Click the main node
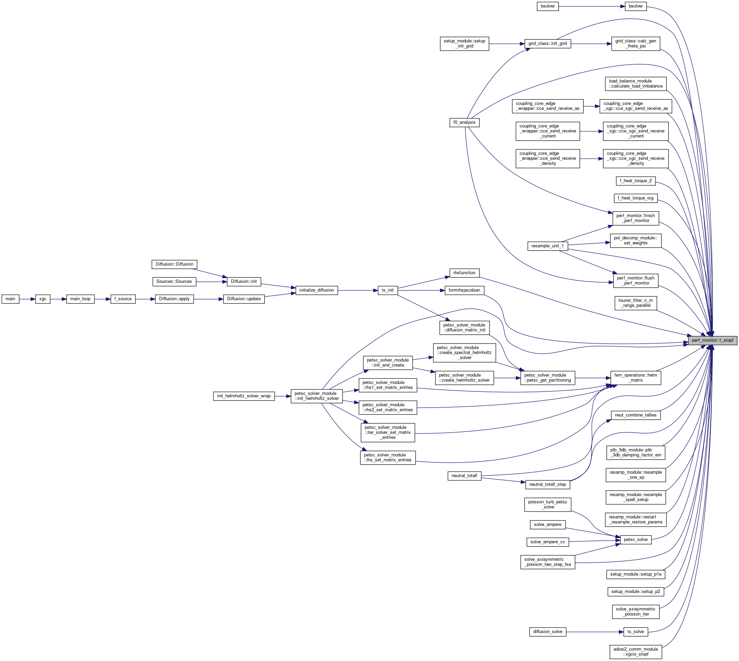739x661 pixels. (10, 299)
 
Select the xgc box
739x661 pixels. (42, 299)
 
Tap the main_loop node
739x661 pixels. (80, 299)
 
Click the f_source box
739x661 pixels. (123, 299)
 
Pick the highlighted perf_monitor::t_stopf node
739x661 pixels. (712, 340)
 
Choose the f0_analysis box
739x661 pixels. (464, 122)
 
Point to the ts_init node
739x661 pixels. (388, 290)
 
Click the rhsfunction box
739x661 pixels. (464, 273)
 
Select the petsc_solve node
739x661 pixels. (635, 540)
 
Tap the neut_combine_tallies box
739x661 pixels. (635, 415)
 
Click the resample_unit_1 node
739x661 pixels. (547, 246)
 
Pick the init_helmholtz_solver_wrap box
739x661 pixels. (244, 396)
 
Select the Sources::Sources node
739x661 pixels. (174, 281)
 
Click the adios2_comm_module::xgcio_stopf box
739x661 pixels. (635, 651)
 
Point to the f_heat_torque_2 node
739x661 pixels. (635, 181)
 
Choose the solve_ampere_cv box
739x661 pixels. (547, 542)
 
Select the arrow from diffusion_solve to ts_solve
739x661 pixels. (595, 632)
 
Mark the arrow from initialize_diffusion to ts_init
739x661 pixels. (358, 290)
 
